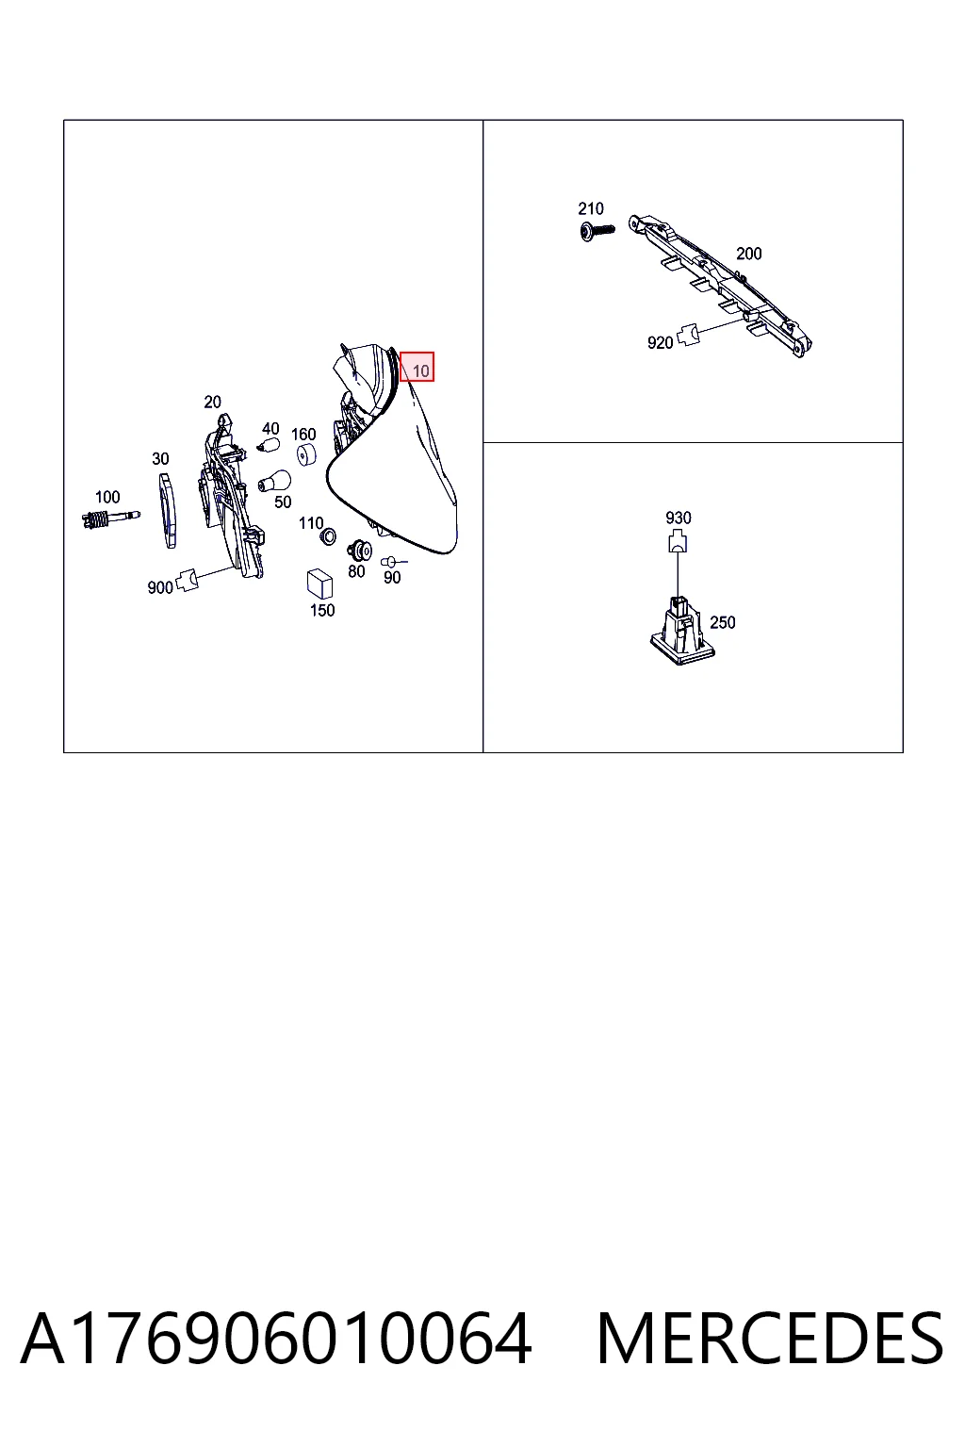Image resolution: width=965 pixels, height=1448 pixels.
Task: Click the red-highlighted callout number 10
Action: pos(420,371)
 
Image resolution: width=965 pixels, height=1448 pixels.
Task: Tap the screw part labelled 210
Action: pos(597,231)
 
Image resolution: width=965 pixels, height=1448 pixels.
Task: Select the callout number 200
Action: pos(748,254)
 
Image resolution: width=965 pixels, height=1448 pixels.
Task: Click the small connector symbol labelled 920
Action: pos(688,336)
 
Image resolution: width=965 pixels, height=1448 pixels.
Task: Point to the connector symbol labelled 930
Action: pos(678,541)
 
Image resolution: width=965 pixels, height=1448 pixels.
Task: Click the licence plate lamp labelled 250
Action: pos(682,632)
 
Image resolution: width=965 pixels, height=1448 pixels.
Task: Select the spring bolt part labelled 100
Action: pos(110,518)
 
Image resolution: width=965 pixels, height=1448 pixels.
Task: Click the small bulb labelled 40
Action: pos(269,445)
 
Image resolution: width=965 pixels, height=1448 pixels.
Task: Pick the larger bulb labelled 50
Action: pos(274,482)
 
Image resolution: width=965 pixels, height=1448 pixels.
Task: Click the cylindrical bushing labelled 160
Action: pos(306,454)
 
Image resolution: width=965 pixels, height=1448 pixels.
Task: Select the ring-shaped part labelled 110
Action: pos(328,535)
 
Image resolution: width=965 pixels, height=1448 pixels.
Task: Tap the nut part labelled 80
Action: pos(359,551)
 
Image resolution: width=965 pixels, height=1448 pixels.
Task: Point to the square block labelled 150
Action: pos(319,584)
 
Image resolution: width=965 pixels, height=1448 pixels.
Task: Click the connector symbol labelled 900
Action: pos(188,579)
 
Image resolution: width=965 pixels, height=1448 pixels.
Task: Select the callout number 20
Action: pos(212,403)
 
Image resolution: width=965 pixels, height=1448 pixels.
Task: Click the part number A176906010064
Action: pos(276,1338)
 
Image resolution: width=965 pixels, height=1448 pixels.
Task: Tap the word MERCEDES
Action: pos(770,1338)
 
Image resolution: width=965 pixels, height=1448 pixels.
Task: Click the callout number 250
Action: pos(723,622)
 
